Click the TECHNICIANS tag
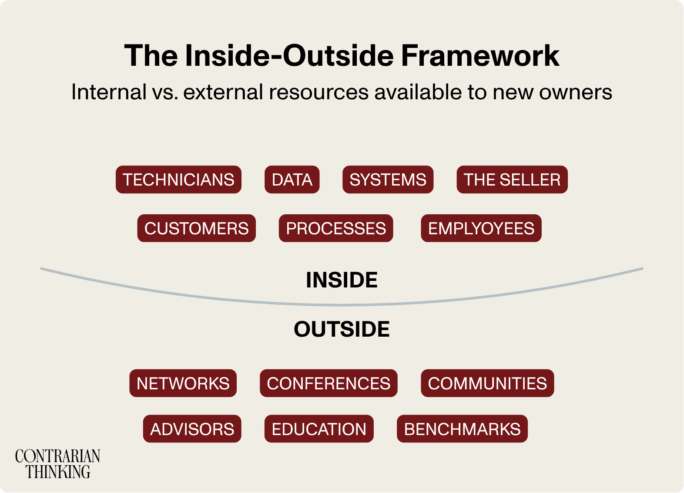point(178,179)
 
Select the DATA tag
point(292,179)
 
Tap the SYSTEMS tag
point(388,179)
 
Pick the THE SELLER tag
point(512,179)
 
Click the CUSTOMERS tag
point(196,228)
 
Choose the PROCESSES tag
point(336,228)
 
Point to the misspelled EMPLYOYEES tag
point(481,228)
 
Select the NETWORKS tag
point(183,383)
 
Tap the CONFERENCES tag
point(329,383)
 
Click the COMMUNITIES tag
point(487,383)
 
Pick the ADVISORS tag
point(192,429)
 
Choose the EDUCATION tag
point(319,429)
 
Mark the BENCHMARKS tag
point(462,429)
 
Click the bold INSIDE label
point(342,280)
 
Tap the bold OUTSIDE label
point(342,329)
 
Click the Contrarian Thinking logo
point(57,464)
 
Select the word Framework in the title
point(480,56)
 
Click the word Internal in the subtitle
point(109,92)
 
